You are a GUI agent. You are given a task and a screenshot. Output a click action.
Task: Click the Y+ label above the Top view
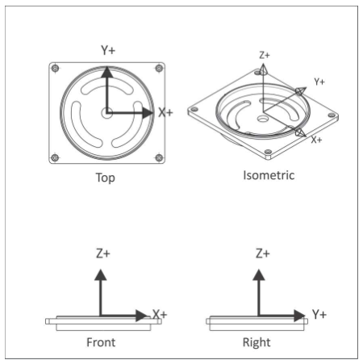tap(108, 50)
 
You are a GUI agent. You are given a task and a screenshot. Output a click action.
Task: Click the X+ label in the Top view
tap(165, 112)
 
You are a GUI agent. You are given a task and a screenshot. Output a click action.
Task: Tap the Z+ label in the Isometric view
tap(265, 55)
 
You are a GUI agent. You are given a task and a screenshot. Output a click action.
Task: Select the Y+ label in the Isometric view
tap(319, 82)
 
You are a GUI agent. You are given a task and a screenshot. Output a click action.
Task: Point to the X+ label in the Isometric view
tap(316, 140)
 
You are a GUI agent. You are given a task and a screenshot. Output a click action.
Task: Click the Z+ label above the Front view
tap(103, 253)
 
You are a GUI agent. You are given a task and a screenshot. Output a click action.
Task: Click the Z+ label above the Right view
tap(262, 253)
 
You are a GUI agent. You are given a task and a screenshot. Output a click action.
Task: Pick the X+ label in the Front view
tap(160, 314)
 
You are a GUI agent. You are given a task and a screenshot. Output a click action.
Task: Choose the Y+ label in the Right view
tap(319, 314)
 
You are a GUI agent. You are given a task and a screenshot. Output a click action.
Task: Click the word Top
tap(106, 178)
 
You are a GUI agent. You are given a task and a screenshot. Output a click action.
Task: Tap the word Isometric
tap(269, 175)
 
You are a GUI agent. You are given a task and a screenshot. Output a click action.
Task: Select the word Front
tap(101, 342)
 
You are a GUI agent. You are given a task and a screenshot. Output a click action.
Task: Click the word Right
tap(257, 343)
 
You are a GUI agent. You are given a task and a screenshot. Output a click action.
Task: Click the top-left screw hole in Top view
tap(56, 68)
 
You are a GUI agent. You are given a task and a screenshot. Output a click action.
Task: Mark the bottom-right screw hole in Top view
tap(159, 157)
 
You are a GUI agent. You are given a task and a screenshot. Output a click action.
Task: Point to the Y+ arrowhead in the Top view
tap(107, 72)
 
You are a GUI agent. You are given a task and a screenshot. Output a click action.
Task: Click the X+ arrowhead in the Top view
tap(148, 113)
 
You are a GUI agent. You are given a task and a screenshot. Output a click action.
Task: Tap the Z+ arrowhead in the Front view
tap(101, 274)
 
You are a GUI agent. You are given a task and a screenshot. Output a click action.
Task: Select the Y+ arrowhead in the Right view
tap(299, 316)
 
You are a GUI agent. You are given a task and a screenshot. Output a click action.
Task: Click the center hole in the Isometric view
tap(262, 119)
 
